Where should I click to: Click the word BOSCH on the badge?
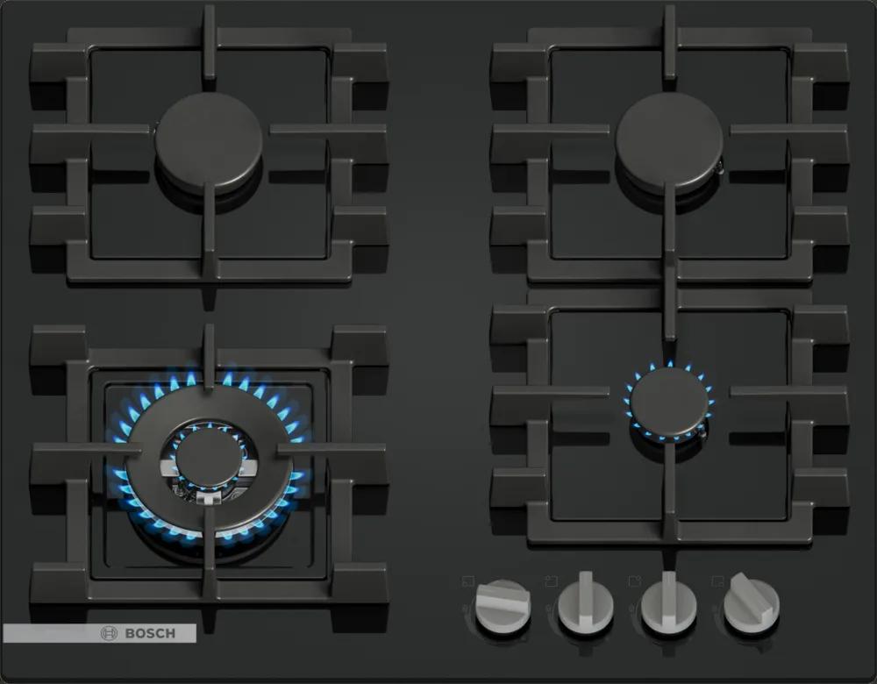point(150,633)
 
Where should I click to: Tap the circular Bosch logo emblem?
point(109,633)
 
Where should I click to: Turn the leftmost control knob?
point(503,606)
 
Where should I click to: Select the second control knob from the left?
point(586,603)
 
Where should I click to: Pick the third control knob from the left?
point(668,603)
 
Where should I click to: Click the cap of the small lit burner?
point(669,402)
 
